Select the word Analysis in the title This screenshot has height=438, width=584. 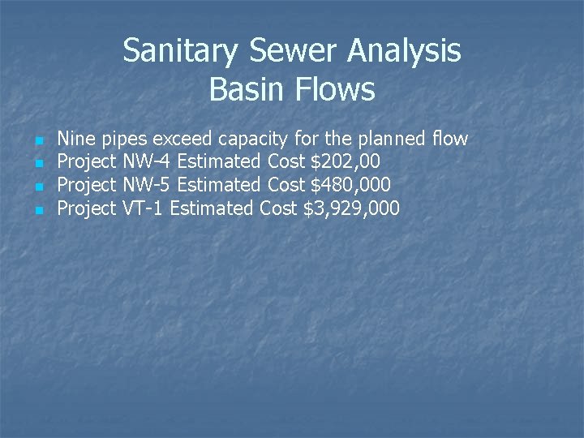click(405, 51)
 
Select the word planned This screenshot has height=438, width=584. click(390, 139)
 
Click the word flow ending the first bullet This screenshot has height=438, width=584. click(449, 139)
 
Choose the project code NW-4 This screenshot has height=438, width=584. click(147, 162)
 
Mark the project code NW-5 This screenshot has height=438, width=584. click(147, 186)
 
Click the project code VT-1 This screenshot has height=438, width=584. click(144, 209)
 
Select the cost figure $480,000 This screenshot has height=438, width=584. click(351, 186)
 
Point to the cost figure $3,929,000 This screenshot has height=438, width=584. click(351, 209)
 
